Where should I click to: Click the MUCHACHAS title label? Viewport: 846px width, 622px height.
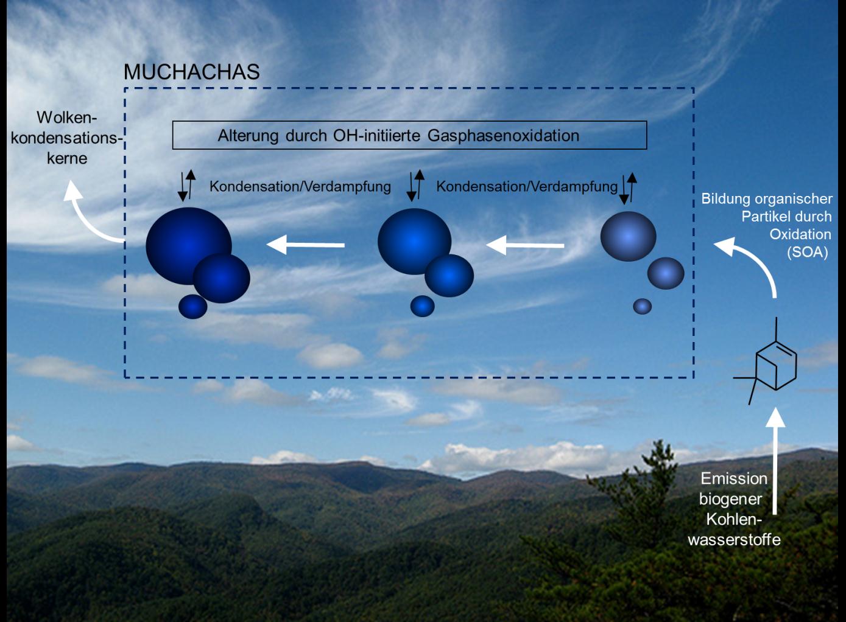[x=191, y=72]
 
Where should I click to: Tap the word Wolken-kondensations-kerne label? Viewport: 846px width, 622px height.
[x=66, y=138]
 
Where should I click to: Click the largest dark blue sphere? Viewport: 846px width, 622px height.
[x=188, y=243]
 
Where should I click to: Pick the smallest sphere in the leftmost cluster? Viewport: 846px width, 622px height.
[x=192, y=306]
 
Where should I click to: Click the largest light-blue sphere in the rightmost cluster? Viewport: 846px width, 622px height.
[x=628, y=236]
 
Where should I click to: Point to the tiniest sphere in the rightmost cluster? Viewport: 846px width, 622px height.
[x=642, y=306]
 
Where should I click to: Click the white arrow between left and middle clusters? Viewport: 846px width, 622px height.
[x=306, y=245]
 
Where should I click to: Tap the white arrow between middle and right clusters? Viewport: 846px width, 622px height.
[x=525, y=245]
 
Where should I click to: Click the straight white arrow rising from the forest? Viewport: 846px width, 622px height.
[x=775, y=463]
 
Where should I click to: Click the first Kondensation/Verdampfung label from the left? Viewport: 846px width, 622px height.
[x=300, y=186]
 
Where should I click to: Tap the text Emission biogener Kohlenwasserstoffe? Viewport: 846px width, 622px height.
[x=733, y=509]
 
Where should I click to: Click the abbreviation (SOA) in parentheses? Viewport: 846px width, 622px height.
[x=807, y=252]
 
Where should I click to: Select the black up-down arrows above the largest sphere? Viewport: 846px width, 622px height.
[x=187, y=186]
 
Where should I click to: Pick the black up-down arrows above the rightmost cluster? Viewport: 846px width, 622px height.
[x=627, y=187]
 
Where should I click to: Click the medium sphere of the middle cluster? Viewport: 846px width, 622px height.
[x=449, y=276]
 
